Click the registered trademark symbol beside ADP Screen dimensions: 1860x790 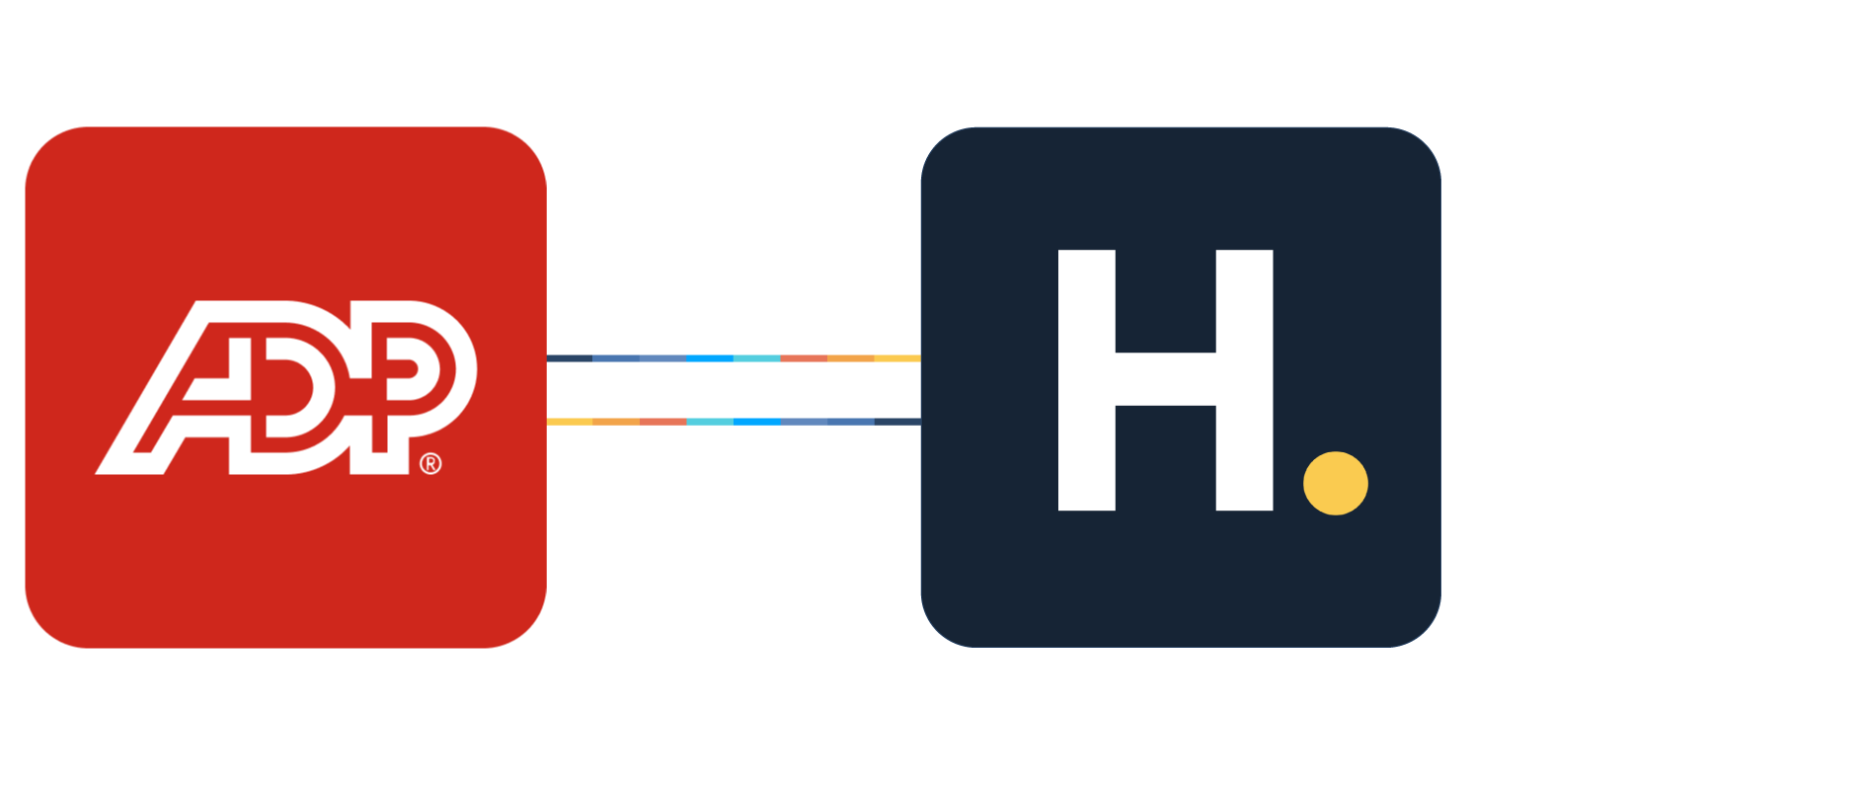pos(430,463)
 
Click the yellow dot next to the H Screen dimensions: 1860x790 pos(1335,483)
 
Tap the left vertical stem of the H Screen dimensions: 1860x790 pos(1086,380)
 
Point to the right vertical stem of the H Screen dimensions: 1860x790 pos(1244,380)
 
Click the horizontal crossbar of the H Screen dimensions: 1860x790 pos(1165,378)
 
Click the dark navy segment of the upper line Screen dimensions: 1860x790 pos(570,358)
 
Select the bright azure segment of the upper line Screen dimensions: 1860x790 pos(710,358)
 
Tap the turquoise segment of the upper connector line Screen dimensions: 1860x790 pos(757,358)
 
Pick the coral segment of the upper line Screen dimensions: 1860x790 pos(804,358)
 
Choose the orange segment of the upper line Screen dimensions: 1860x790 pos(850,358)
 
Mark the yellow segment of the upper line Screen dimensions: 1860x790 pos(897,358)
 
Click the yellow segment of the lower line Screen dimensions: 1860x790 pos(570,422)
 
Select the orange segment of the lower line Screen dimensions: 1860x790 pos(616,422)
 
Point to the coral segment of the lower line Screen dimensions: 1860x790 pos(662,422)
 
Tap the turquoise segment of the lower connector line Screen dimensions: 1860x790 pos(710,422)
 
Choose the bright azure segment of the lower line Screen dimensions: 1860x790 pos(757,422)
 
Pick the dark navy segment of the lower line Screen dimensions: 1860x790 pos(897,422)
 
